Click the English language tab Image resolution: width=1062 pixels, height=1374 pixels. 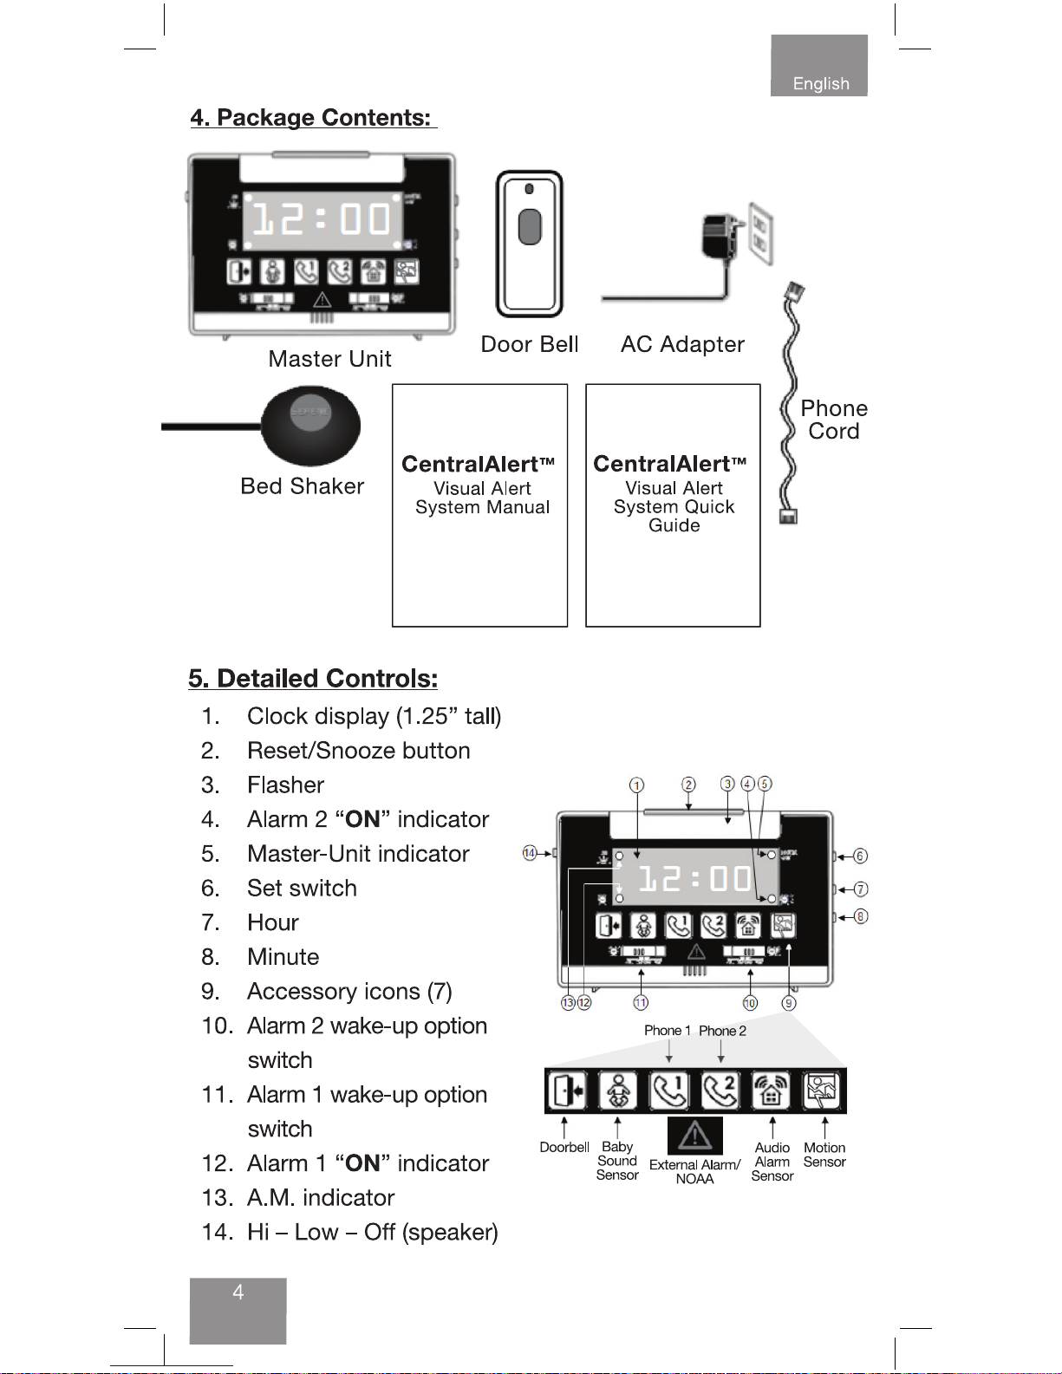819,83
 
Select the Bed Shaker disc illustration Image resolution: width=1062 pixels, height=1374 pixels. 309,425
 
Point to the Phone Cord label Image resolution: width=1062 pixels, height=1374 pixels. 833,420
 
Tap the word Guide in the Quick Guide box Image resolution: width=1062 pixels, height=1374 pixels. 674,525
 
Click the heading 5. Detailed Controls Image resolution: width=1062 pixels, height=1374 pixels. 313,678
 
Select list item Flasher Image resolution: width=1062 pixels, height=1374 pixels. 285,785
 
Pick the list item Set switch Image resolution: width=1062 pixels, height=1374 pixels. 302,888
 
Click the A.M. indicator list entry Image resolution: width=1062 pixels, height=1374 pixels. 320,1197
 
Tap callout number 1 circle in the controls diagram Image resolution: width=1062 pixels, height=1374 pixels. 636,785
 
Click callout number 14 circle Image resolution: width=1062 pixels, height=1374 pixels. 529,853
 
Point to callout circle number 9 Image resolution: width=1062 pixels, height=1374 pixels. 788,1003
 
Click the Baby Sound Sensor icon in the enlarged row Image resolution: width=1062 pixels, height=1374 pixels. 617,1091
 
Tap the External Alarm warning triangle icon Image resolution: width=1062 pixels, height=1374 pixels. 694,1135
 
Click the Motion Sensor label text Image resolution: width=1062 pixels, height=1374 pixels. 824,1155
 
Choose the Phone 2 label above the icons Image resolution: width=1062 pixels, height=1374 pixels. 722,1031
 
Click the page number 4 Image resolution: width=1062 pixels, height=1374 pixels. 238,1293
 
